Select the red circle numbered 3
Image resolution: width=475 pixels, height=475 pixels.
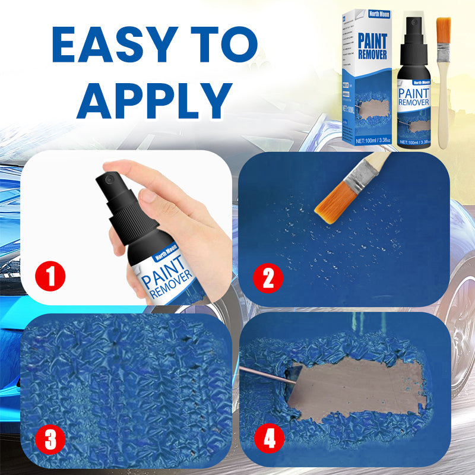51,441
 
